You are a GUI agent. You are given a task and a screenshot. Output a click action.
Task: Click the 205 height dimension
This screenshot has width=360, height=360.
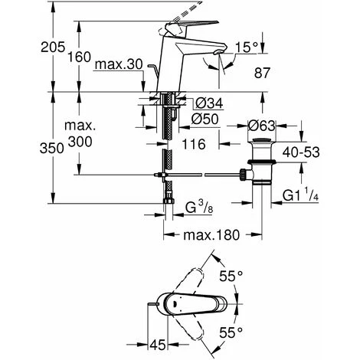53,47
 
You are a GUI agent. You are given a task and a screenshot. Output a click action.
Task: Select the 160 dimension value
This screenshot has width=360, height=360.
79,57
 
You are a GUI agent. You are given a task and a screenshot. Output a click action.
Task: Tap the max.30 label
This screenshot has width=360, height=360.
119,64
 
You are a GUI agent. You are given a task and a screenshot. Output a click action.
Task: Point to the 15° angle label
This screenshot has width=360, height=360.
247,47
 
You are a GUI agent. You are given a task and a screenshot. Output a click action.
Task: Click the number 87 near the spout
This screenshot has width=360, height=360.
262,73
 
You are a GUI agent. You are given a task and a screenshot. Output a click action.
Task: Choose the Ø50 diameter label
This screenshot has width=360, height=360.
205,119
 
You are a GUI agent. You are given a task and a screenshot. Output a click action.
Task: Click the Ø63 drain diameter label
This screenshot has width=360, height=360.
262,126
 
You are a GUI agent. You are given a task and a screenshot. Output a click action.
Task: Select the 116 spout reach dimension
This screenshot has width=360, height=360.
194,144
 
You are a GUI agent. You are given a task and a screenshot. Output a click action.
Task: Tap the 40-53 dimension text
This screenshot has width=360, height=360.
301,152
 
